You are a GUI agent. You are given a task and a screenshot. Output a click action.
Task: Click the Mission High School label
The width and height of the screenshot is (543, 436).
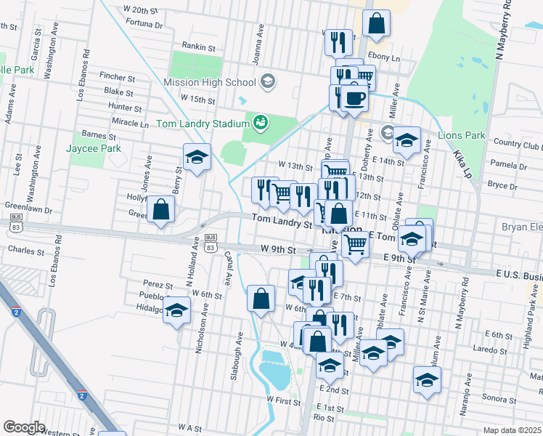point(210,82)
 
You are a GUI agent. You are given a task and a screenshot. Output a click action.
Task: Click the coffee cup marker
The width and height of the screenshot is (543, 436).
point(354,97)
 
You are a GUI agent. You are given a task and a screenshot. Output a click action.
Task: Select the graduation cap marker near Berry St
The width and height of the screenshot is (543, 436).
point(196,158)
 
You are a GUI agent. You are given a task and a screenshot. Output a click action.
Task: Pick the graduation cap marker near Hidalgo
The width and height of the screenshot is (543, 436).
point(176,310)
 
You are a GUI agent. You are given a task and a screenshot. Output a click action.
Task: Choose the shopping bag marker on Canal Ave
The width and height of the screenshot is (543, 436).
point(261,298)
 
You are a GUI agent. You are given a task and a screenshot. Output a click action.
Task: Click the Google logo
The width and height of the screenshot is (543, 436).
point(25,427)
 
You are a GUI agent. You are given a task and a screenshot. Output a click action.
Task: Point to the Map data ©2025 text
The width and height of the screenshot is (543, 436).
point(512,430)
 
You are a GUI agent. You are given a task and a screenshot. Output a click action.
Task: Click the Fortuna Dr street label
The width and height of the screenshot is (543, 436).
point(144,24)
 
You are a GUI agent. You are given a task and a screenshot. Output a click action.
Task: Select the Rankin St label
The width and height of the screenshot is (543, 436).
point(199,47)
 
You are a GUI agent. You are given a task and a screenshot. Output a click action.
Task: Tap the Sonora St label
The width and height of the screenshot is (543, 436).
point(499,398)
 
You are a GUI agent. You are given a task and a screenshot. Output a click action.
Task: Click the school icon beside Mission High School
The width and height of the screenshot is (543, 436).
point(268,81)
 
